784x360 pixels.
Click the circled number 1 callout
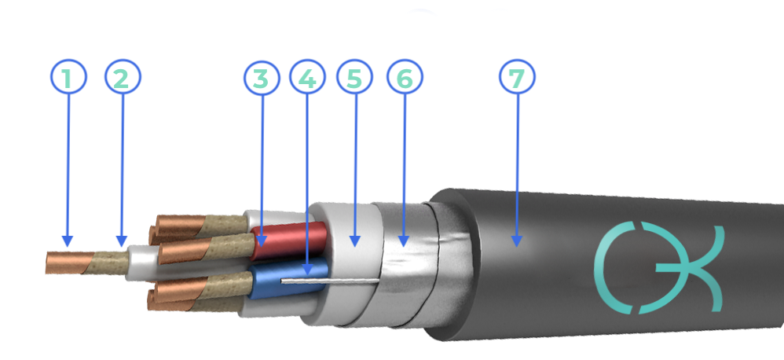68,77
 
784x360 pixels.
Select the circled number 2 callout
123,77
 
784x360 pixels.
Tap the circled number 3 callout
262,77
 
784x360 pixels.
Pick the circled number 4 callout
307,77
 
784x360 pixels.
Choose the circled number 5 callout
354,77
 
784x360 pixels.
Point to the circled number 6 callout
405,77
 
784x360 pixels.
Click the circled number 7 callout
517,77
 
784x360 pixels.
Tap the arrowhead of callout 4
307,275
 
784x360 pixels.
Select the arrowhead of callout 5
354,247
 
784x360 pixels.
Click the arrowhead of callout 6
404,247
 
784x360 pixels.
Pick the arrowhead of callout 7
517,247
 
